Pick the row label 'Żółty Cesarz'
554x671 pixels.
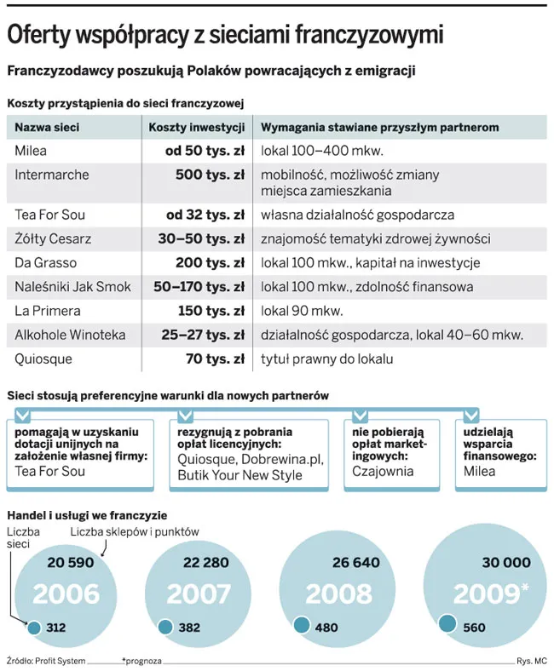point(53,239)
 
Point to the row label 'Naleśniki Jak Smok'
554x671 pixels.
point(73,287)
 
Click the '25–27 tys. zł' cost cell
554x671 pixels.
point(202,335)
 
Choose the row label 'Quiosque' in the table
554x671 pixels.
point(44,358)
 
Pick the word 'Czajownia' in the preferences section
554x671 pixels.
point(383,471)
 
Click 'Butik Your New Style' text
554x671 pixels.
point(239,474)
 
